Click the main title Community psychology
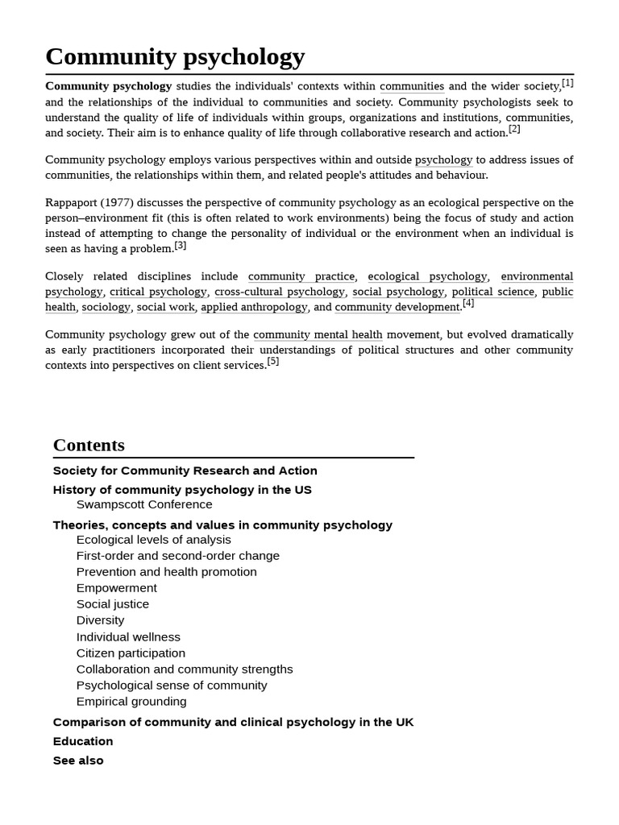point(175,56)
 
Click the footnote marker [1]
point(567,83)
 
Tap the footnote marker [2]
point(514,129)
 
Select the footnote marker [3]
point(180,246)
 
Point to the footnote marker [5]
point(273,362)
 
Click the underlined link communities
point(412,86)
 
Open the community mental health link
point(318,334)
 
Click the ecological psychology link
point(427,276)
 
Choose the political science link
point(492,292)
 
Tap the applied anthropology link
point(254,307)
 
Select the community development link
point(397,307)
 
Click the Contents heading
point(89,446)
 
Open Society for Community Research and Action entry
point(185,471)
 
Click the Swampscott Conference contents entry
point(144,504)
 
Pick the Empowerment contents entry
point(116,588)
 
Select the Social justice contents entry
point(112,604)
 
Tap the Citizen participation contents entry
point(131,653)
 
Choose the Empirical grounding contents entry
point(131,701)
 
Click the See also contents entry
point(78,761)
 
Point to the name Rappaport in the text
point(73,203)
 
